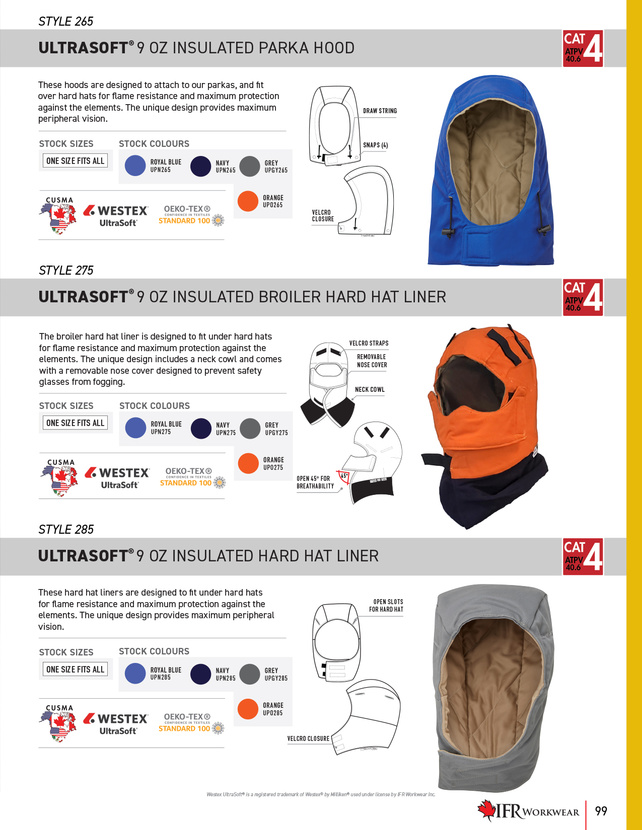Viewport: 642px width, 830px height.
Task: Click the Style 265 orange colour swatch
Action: [248, 201]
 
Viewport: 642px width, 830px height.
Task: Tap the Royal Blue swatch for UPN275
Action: [135, 428]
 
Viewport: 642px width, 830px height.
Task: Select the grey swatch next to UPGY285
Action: [250, 674]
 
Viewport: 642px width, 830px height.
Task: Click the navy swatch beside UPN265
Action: [200, 166]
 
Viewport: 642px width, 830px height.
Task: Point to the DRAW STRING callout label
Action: [380, 111]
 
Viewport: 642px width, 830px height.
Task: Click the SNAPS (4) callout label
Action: [375, 145]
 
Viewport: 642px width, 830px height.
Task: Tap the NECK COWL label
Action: [370, 389]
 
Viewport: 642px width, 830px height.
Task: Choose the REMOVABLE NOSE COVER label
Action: [372, 361]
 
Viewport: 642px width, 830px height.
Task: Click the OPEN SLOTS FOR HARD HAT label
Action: [386, 606]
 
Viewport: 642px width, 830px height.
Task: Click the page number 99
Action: [601, 810]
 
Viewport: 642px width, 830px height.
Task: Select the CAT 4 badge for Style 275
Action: [583, 298]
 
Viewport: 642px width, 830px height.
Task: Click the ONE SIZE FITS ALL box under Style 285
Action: [76, 669]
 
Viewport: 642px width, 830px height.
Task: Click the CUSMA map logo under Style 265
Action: [58, 215]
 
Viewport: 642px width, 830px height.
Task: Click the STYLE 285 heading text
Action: [66, 529]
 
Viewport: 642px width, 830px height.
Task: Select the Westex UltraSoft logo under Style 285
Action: [115, 723]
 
